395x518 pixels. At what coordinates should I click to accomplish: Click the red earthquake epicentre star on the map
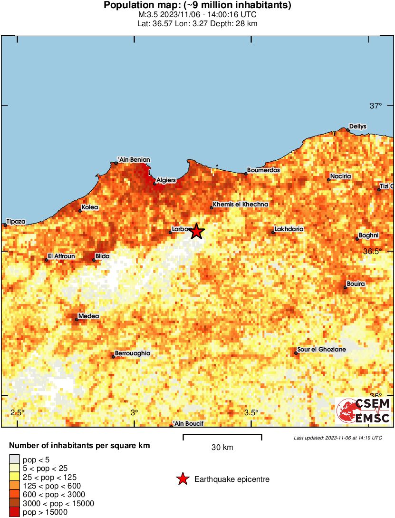coord(197,231)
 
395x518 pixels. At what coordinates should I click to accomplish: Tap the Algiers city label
coord(166,180)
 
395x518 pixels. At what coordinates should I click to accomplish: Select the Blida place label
coord(102,256)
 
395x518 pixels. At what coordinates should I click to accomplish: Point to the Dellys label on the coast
coord(357,127)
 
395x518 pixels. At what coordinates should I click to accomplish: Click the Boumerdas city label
coord(263,170)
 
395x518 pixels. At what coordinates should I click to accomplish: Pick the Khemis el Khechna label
coord(241,204)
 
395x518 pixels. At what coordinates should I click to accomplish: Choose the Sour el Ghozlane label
coord(321,350)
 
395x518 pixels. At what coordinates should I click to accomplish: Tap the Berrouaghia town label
coord(133,353)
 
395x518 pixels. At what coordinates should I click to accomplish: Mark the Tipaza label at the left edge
coord(16,222)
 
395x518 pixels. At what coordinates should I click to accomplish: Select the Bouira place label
coord(356,284)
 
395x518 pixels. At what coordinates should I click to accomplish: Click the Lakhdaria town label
coord(289,229)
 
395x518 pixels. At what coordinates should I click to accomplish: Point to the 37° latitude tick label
coord(376,106)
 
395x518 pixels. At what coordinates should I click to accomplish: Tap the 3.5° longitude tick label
coord(251,412)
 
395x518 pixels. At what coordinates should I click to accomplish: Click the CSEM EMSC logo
coord(363,411)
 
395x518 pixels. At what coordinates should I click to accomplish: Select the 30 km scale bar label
coord(222,448)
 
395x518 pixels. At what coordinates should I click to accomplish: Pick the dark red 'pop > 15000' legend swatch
coord(15,512)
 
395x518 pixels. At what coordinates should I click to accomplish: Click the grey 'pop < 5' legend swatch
coord(15,459)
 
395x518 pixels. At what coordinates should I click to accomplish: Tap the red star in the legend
coord(183,479)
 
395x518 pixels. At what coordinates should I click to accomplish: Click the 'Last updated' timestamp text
coord(337,438)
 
